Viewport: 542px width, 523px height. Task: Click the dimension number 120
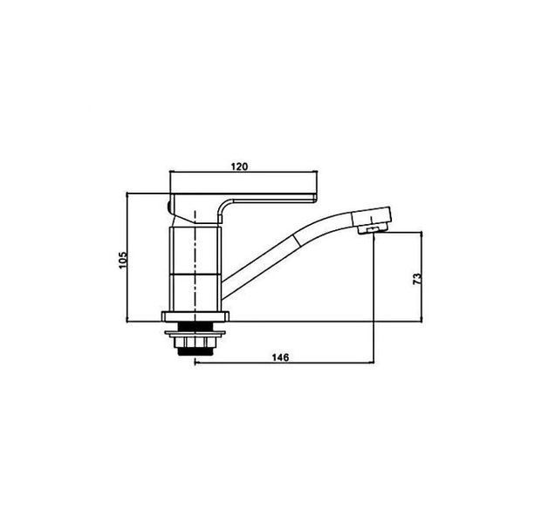239,166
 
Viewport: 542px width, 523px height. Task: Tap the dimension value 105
123,260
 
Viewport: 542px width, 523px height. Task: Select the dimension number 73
417,279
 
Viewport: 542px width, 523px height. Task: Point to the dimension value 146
280,357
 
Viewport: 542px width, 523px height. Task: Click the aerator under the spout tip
372,229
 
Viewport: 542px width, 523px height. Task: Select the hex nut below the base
195,342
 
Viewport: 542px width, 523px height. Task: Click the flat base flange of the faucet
196,316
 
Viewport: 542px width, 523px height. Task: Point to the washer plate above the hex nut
195,334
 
